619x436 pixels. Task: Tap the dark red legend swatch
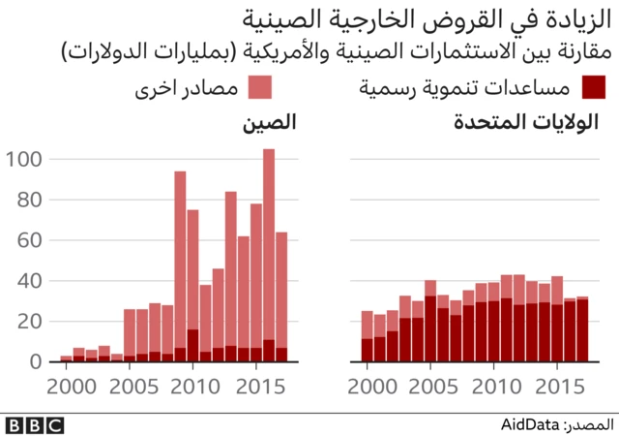coord(596,88)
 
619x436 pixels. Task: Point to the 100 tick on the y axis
coord(26,159)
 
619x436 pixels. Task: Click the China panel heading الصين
coord(269,123)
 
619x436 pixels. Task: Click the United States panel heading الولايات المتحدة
coord(527,123)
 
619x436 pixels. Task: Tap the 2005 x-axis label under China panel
coord(129,386)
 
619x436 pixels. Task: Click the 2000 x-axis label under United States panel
coord(367,386)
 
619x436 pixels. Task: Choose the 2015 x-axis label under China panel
coord(256,386)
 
